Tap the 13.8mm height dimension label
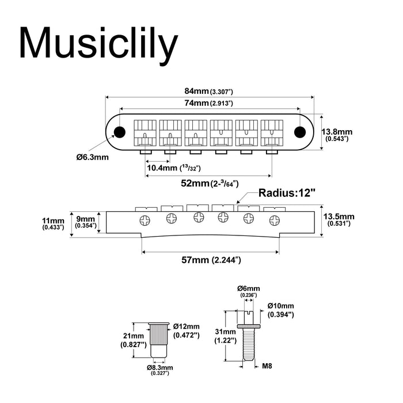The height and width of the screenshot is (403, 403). pyautogui.click(x=337, y=135)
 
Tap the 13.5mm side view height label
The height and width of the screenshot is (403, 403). pyautogui.click(x=338, y=220)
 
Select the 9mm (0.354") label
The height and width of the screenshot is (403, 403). pyautogui.click(x=87, y=221)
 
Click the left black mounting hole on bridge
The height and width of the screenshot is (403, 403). pyautogui.click(x=120, y=132)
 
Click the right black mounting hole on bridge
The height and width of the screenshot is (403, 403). pyautogui.click(x=299, y=132)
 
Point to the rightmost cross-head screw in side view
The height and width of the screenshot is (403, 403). pyautogui.click(x=274, y=219)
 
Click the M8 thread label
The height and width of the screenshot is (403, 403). pyautogui.click(x=268, y=365)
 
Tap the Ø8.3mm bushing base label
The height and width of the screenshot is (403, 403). pyautogui.click(x=160, y=369)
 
